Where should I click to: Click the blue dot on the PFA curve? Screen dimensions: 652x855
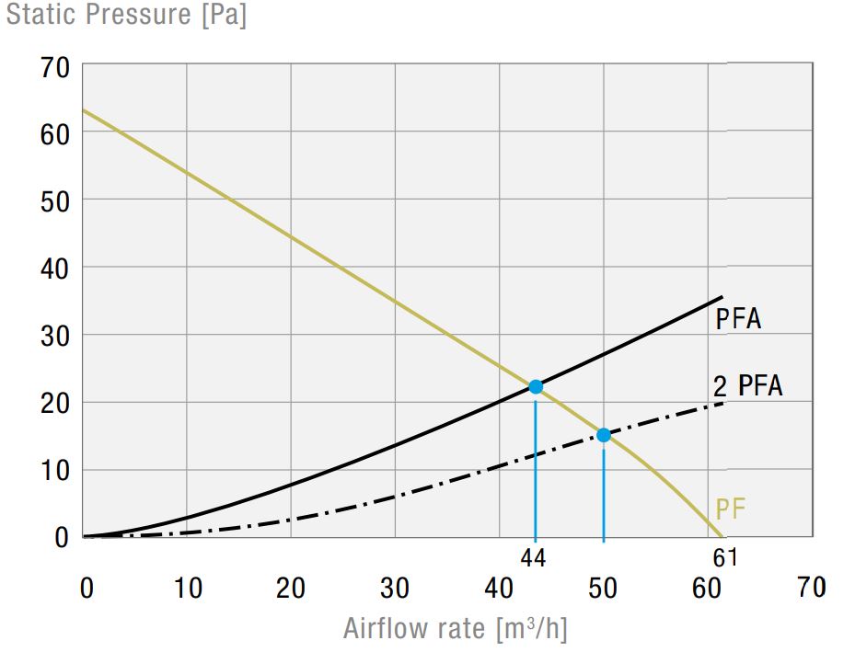[x=536, y=387]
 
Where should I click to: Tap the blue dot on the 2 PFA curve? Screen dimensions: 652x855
[x=604, y=435]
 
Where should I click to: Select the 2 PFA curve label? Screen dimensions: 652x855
[x=747, y=386]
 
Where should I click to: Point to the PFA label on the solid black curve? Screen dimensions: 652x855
[x=738, y=319]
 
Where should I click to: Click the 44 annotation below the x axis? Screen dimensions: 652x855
[x=535, y=556]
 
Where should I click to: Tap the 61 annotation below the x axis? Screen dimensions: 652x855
[x=725, y=556]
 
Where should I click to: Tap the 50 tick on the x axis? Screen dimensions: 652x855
[x=604, y=588]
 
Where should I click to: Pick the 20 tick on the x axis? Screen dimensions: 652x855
[x=291, y=588]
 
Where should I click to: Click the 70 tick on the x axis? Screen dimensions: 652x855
[x=811, y=588]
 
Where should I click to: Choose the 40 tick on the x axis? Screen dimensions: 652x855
[x=500, y=588]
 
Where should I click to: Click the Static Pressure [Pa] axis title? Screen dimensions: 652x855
[x=126, y=16]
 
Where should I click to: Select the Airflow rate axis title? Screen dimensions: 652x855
[x=455, y=629]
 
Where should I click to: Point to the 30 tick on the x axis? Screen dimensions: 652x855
[x=396, y=588]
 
